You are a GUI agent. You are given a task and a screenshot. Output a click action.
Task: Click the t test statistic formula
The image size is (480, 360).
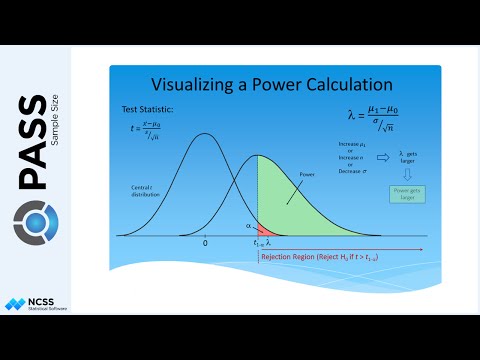[x=145, y=129]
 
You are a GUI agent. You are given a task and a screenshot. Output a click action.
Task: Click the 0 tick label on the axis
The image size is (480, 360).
[x=205, y=243]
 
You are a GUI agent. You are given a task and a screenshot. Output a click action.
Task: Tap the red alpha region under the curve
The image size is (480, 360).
[x=263, y=230]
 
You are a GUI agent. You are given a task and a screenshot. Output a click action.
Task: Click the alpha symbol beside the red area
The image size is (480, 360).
[x=250, y=225]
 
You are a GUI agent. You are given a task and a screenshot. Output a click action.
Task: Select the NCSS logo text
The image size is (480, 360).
[x=51, y=301]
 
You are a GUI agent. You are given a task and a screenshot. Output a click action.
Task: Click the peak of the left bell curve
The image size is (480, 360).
[x=205, y=134]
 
